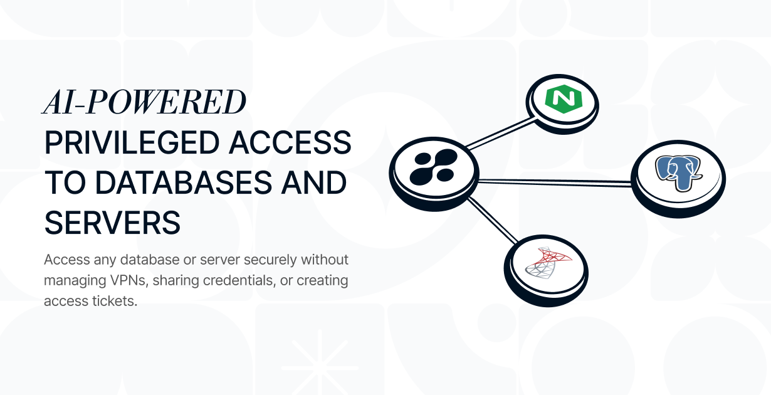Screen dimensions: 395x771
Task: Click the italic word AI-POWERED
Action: pos(144,102)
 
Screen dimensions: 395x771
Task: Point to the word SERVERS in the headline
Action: pos(112,223)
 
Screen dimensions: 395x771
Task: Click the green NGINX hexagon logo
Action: pos(561,99)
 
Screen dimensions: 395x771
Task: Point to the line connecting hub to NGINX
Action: pos(498,134)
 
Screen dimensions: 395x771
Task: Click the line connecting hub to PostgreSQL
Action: pos(555,181)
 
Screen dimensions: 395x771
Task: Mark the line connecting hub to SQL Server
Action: pos(489,221)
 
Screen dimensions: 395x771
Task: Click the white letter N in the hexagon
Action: pos(561,99)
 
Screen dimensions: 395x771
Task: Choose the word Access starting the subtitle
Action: pos(65,260)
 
